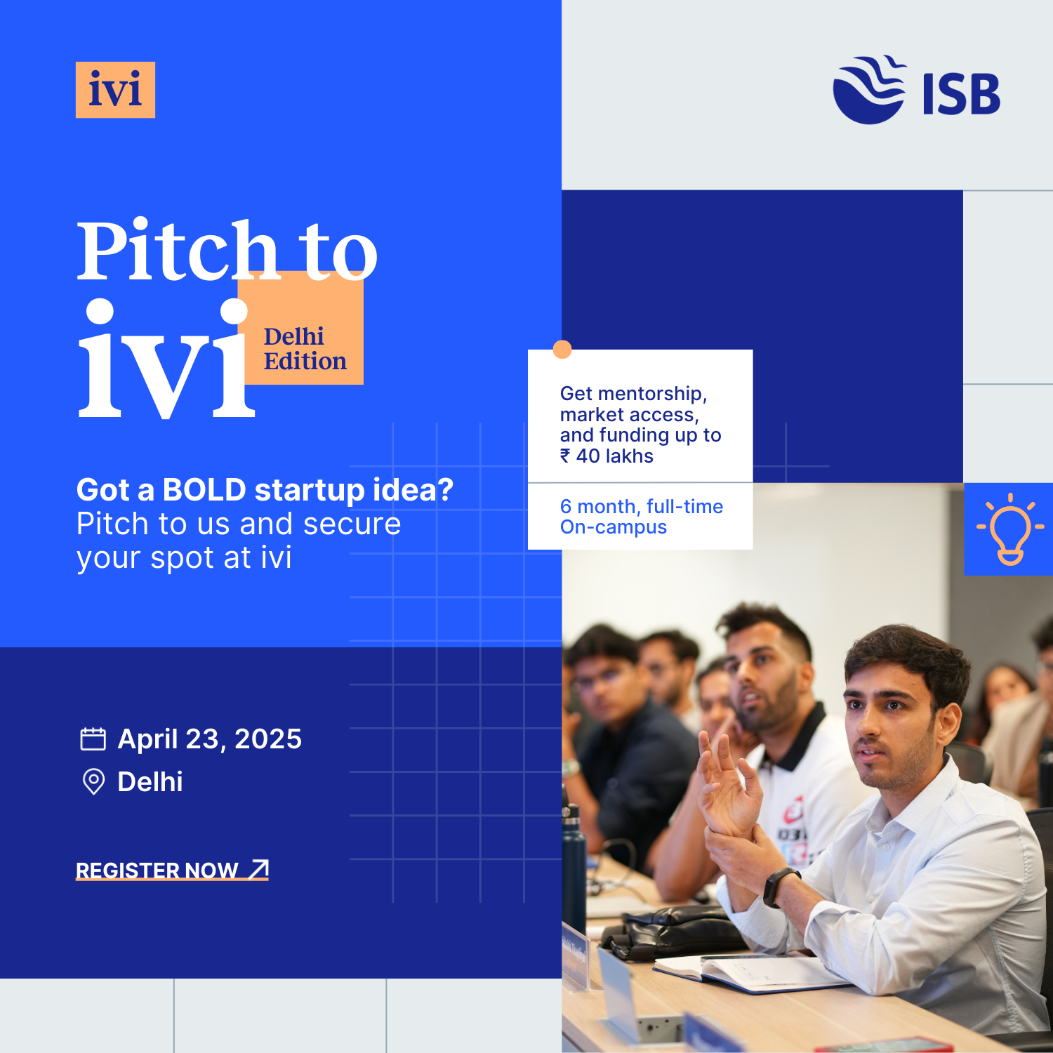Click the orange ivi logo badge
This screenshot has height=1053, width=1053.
[115, 90]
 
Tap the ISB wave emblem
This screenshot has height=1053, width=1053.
[869, 90]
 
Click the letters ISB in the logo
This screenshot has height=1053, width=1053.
[961, 94]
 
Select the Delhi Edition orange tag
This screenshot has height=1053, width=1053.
[300, 328]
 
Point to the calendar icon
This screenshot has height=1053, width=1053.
[93, 739]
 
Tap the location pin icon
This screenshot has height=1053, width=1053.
[93, 781]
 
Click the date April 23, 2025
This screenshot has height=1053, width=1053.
[209, 739]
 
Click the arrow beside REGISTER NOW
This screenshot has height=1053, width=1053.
[259, 869]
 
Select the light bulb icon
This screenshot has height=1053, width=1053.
[1010, 529]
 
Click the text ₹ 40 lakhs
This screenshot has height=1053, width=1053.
[607, 456]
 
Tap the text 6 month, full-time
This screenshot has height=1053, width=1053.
[642, 506]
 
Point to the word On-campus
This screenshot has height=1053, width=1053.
[614, 527]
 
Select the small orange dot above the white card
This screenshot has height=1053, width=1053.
[562, 350]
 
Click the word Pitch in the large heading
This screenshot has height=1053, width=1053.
[178, 250]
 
